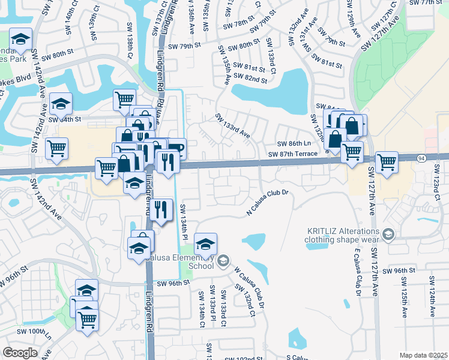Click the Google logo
[20, 353]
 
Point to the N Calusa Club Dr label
[268, 203]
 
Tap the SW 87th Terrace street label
[292, 154]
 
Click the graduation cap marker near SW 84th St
[60, 104]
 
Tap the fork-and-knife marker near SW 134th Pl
[160, 209]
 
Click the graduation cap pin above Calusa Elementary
[205, 244]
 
